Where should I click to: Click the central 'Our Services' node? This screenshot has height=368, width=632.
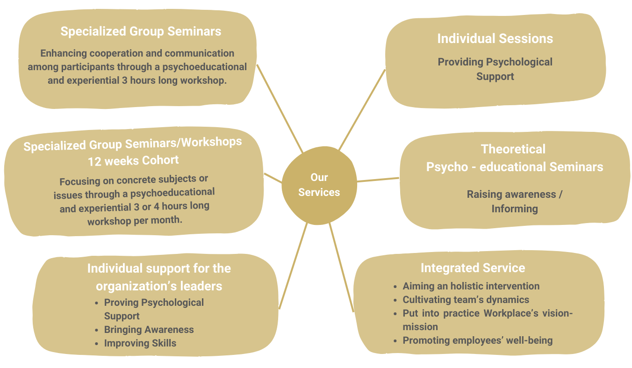coord(319,185)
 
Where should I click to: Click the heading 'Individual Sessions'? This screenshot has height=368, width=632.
coord(495,38)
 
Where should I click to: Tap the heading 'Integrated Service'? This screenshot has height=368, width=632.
coord(473,268)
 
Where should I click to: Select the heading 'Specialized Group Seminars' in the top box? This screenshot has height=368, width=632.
coord(141,31)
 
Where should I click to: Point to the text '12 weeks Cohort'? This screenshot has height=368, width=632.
coord(133,160)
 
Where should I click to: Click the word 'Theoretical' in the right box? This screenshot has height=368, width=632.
coord(513,149)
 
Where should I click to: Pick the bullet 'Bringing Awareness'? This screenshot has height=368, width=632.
coord(149,330)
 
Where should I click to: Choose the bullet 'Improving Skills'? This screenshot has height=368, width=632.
coord(140,343)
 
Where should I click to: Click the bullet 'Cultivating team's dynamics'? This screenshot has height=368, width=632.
coord(466,300)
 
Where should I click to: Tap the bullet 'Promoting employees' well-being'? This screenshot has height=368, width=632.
coord(477,340)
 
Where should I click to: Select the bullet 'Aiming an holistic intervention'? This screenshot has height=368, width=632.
coord(471,286)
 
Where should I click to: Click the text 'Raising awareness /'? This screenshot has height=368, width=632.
coord(514,195)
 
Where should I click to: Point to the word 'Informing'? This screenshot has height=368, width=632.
coord(514,209)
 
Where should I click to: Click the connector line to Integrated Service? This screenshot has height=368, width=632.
coord(341,267)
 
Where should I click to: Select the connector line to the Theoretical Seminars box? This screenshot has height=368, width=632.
coord(378,180)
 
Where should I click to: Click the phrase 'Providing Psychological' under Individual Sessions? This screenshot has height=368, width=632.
coord(495,62)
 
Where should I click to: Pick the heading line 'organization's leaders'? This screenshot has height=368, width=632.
coord(159,286)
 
